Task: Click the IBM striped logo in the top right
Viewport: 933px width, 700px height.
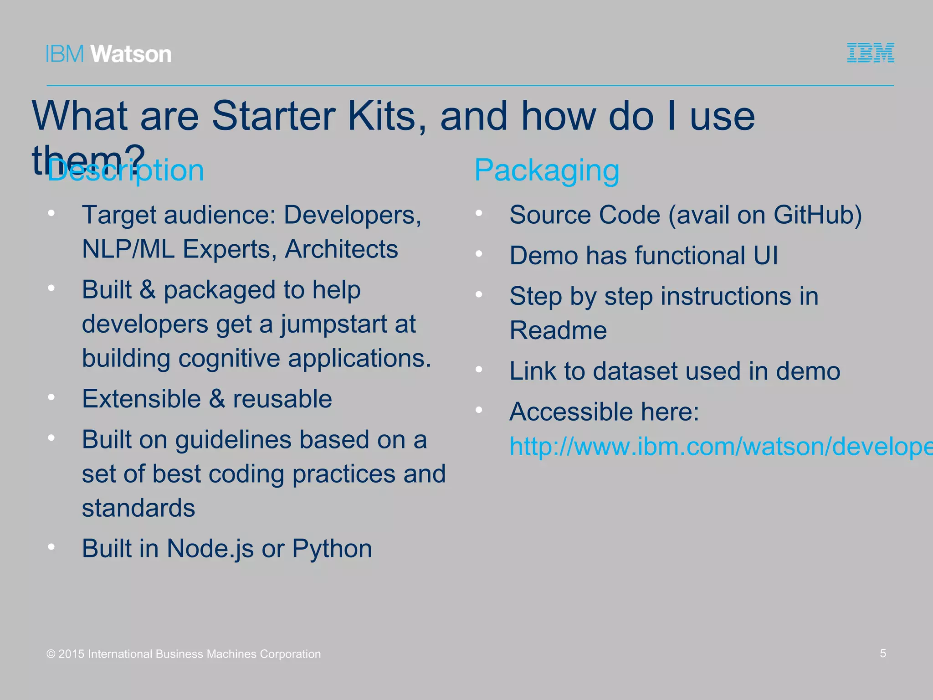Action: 870,53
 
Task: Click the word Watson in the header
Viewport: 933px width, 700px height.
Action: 131,54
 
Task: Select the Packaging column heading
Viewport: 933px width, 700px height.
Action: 547,170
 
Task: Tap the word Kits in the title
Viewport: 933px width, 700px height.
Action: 387,116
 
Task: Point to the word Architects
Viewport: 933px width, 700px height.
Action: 341,249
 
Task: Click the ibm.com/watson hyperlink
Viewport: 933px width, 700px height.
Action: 720,446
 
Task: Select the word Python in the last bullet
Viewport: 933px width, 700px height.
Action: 332,548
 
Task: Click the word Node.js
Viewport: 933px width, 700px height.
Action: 210,548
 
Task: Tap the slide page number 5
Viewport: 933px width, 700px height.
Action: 882,653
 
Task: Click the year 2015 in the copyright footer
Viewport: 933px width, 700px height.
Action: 72,654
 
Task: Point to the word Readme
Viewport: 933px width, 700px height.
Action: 558,330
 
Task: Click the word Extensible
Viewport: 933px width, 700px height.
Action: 141,399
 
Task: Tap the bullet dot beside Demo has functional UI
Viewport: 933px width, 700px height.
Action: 479,254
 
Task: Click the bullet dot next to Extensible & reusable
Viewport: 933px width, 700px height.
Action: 51,397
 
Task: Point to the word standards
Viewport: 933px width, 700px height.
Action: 138,508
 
